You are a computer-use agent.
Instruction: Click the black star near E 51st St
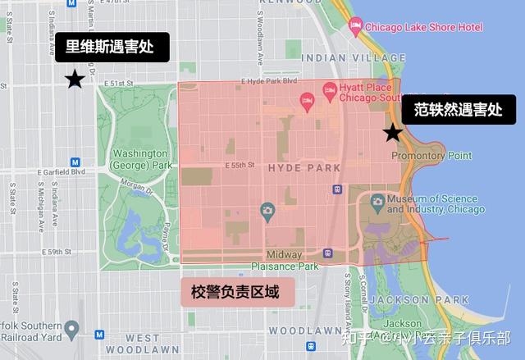click(75, 79)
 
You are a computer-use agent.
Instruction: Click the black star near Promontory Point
click(393, 132)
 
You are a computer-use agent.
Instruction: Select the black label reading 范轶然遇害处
click(458, 109)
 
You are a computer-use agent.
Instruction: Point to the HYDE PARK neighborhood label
click(304, 168)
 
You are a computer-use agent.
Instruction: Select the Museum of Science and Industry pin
click(377, 200)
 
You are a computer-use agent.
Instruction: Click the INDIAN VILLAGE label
click(342, 58)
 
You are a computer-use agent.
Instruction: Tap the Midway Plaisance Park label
click(284, 260)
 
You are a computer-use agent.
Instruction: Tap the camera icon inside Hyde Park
click(267, 211)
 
